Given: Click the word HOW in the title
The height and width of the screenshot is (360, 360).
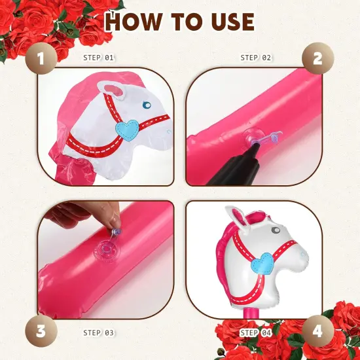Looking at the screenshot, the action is (133, 22).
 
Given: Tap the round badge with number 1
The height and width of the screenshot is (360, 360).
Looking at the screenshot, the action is (41, 58).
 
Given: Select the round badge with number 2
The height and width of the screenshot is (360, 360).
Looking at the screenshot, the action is (317, 58).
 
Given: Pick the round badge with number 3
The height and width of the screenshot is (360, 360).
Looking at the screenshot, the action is (41, 331).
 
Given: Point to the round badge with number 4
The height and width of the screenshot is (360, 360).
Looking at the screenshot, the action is (317, 331).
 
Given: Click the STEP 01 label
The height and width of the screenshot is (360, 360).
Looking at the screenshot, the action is (98, 58).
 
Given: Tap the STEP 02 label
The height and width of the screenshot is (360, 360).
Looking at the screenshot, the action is (255, 58).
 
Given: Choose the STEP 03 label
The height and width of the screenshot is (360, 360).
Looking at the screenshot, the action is (98, 333).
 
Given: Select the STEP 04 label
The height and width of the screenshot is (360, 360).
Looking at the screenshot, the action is (255, 333).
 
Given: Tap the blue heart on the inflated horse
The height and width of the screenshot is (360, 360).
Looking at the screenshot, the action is (262, 263).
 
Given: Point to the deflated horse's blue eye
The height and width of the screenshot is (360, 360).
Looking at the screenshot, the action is (147, 105).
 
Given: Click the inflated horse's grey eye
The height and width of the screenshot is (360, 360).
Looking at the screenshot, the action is (276, 230).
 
